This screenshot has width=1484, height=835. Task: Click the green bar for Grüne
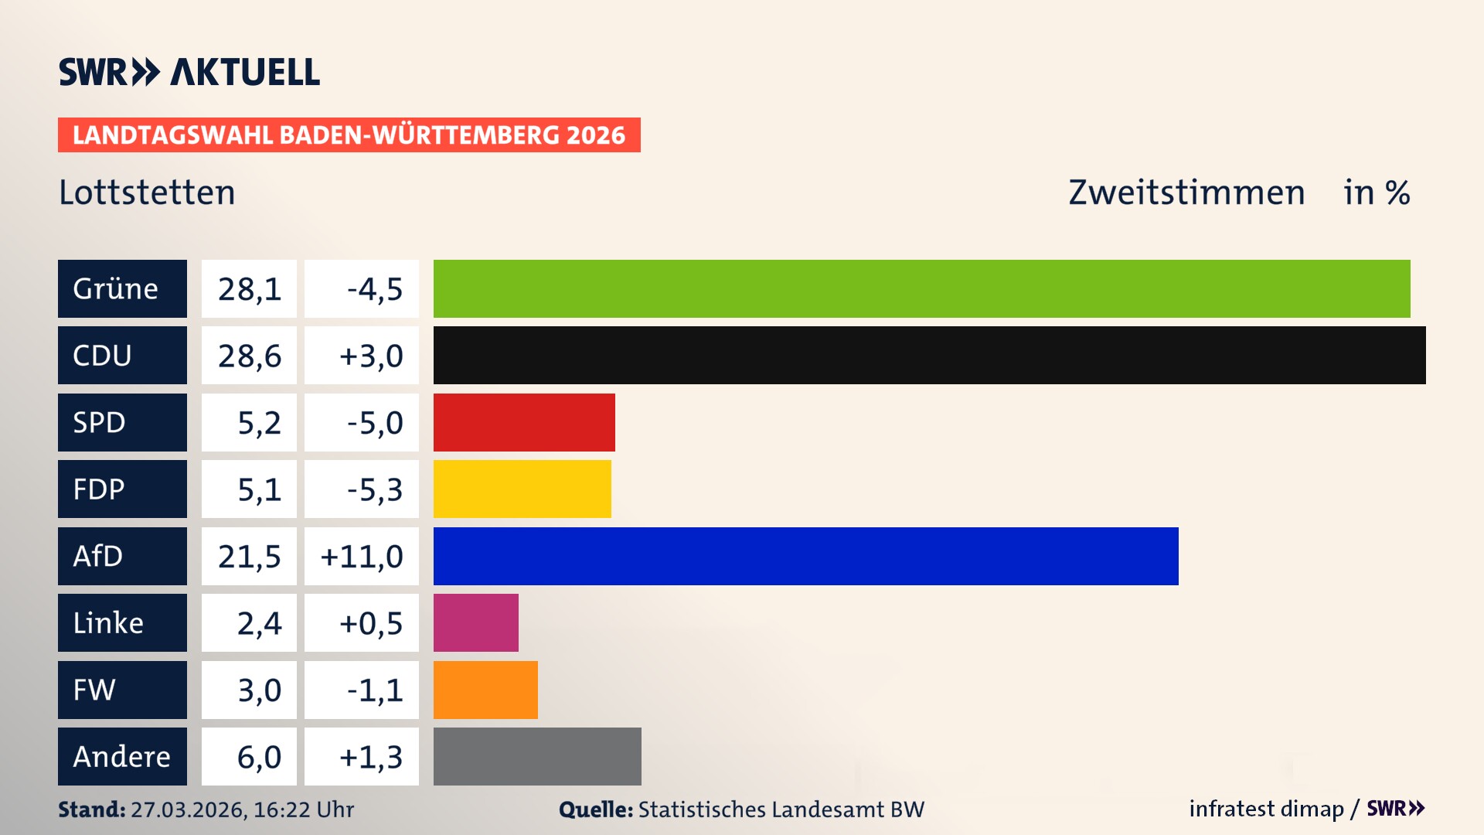(x=921, y=288)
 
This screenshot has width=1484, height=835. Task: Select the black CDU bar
(x=929, y=355)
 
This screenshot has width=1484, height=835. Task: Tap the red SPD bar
(x=524, y=422)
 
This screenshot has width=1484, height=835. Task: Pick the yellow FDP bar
(x=522, y=489)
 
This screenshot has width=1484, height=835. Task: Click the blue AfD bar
(x=805, y=556)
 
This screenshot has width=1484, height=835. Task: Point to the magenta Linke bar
(x=475, y=622)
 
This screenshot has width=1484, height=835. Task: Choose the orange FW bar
(x=485, y=690)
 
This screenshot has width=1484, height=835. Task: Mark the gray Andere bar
(x=537, y=756)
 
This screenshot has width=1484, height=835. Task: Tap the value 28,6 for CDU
(x=249, y=356)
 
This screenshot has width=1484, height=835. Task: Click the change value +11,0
(x=362, y=557)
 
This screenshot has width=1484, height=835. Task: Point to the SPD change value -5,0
(x=374, y=423)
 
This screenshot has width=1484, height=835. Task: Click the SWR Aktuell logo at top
(x=189, y=72)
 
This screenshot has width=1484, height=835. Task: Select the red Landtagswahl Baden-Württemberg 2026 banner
(x=349, y=135)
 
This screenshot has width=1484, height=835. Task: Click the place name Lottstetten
(x=147, y=193)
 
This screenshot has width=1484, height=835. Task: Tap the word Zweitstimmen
(x=1186, y=193)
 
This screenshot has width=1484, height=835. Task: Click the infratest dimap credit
(x=1266, y=809)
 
